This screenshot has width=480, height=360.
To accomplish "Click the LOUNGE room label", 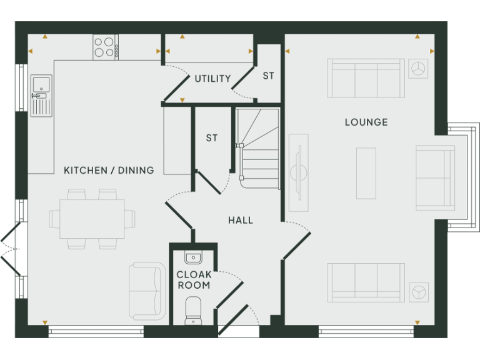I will tap(366, 122).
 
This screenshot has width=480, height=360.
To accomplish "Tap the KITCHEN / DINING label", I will tap(109, 170).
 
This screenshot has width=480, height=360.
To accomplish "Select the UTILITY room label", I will tap(212, 79).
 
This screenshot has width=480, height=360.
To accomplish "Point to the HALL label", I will tap(241, 220).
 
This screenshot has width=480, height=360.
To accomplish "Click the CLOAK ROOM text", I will tap(194, 280).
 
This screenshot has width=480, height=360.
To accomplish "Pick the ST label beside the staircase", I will tap(212, 137).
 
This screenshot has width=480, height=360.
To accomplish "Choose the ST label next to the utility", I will tap(268, 76).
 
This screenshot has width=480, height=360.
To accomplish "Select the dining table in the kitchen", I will tap(92, 219).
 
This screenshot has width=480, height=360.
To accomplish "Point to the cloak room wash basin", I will tap(193, 257).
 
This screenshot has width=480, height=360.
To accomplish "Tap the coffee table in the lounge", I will tap(366, 173).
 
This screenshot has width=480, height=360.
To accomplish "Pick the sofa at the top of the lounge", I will tap(366, 77).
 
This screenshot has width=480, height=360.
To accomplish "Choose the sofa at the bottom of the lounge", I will tap(366, 282).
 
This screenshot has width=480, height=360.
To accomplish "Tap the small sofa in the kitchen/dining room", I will tap(146, 291).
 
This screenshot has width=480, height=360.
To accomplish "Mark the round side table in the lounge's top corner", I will tap(419, 68).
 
